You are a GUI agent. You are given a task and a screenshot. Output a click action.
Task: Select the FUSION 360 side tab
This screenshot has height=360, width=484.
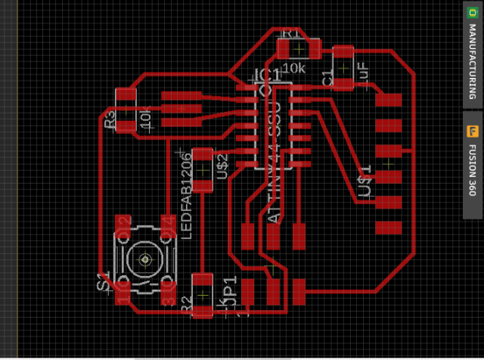473,171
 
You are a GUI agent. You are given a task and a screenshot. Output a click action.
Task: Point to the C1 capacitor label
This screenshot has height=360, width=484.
327,78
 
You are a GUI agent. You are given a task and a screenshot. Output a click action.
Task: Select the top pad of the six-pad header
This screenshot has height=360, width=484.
389,99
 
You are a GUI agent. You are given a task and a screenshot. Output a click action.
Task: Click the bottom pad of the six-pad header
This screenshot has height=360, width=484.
389,227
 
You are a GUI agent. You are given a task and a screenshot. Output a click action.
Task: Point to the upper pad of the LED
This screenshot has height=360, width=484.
203,157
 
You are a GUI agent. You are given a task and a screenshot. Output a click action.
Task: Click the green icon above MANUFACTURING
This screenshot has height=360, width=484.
473,13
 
